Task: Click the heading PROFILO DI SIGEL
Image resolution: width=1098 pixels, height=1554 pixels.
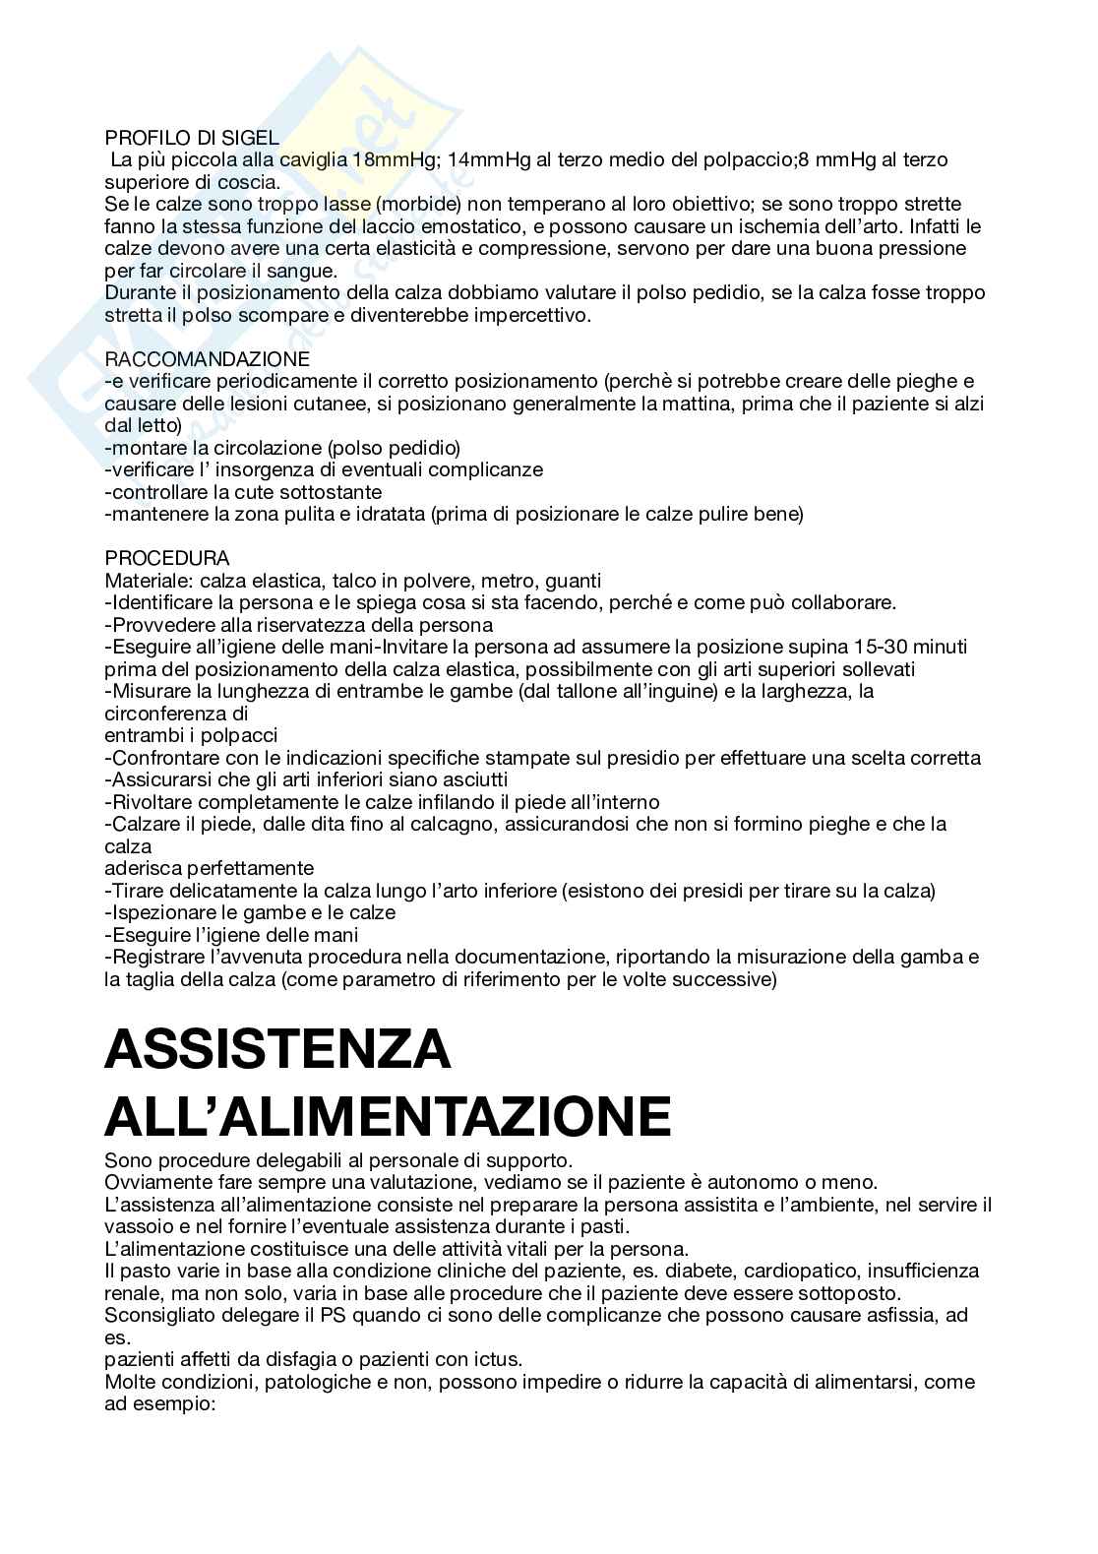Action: coord(192,138)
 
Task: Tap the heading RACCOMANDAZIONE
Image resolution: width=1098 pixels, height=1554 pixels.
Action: coord(207,359)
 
